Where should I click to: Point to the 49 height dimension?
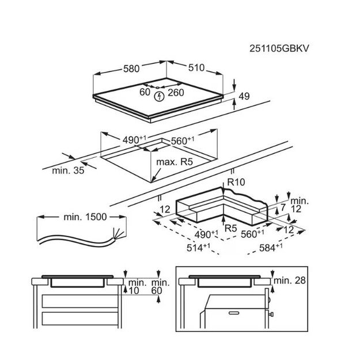pos(244,97)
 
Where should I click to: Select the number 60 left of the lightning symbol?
pos(144,91)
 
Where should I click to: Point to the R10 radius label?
pos(236,182)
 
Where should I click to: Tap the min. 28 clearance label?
pos(290,281)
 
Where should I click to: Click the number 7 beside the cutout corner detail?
pos(283,207)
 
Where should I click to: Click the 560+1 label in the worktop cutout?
pos(181,140)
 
